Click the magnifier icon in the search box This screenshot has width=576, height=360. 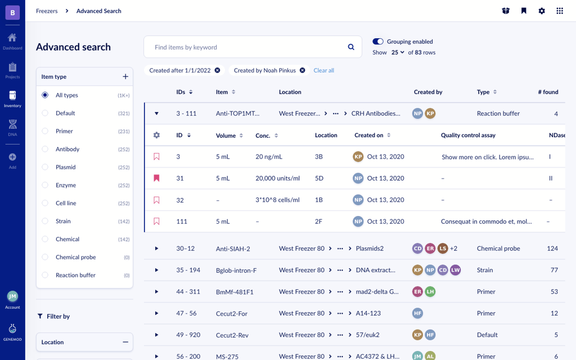pyautogui.click(x=351, y=47)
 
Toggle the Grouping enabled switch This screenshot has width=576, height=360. pyautogui.click(x=378, y=42)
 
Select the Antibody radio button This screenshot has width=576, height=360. pyautogui.click(x=45, y=149)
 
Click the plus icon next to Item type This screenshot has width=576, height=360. pyautogui.click(x=125, y=76)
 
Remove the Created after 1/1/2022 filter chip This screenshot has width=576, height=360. pyautogui.click(x=218, y=70)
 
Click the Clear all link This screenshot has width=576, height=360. pyautogui.click(x=323, y=70)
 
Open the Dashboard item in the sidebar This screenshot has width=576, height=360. pyautogui.click(x=12, y=41)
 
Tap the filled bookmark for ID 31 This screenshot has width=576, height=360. pyautogui.click(x=156, y=178)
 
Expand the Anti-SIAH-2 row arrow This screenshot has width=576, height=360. pyautogui.click(x=156, y=249)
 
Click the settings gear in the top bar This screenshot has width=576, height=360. pyautogui.click(x=542, y=11)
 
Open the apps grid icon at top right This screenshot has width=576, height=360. pyautogui.click(x=560, y=11)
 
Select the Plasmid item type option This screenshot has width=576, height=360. pyautogui.click(x=45, y=167)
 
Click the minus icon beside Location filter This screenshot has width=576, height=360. pyautogui.click(x=125, y=342)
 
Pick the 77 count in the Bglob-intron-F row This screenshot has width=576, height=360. pyautogui.click(x=554, y=270)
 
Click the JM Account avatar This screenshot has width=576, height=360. pyautogui.click(x=12, y=296)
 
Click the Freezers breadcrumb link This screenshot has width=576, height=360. pyautogui.click(x=47, y=11)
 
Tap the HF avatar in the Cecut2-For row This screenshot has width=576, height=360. pyautogui.click(x=417, y=313)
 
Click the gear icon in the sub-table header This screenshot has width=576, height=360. pyautogui.click(x=156, y=135)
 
